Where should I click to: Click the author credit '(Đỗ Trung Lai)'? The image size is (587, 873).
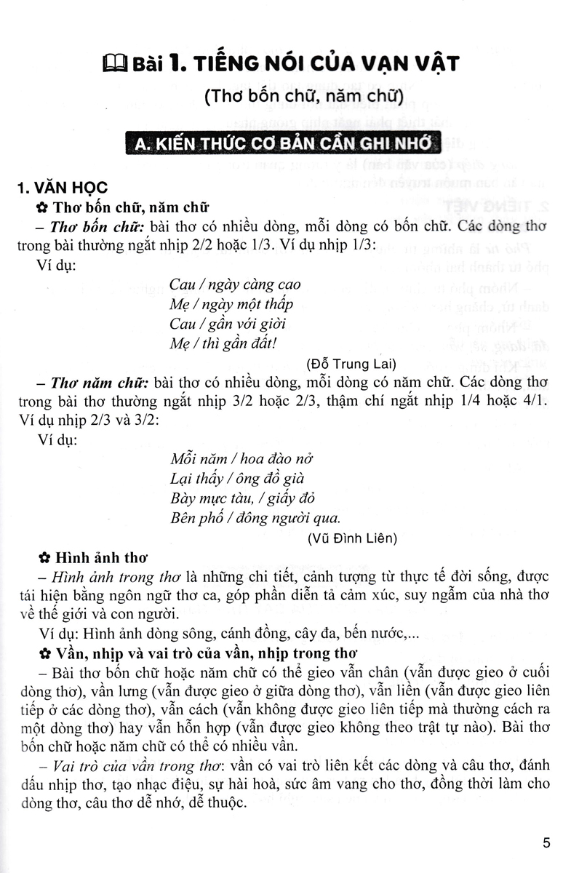(352, 363)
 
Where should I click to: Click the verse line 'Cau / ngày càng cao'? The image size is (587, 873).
(234, 284)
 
